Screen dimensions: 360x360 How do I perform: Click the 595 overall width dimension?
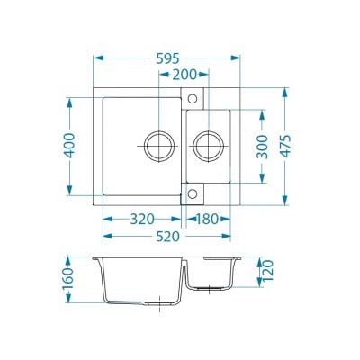click(x=167, y=58)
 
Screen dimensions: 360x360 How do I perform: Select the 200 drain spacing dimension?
click(x=184, y=75)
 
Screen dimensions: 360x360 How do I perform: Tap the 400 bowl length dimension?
click(x=70, y=146)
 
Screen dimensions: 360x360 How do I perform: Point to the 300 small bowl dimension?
click(x=262, y=147)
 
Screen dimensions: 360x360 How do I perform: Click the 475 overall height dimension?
click(x=285, y=146)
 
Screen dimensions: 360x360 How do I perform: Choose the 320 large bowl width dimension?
click(x=142, y=220)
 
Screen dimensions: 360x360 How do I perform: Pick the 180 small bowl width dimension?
click(x=207, y=220)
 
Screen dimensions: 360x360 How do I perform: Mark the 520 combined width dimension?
click(x=167, y=237)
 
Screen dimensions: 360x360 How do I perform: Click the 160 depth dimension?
click(x=67, y=279)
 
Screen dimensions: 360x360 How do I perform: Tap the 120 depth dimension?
click(x=268, y=271)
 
